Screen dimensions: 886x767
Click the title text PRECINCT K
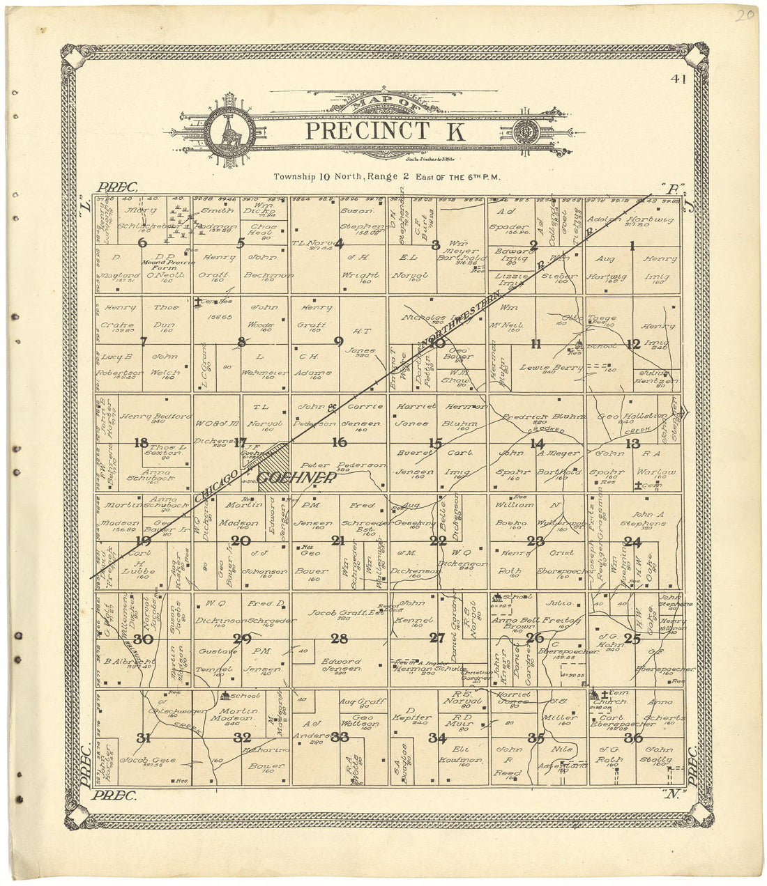(376, 130)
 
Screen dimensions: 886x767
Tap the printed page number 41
(677, 79)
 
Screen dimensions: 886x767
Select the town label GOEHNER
(296, 478)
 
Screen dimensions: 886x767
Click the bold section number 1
(632, 245)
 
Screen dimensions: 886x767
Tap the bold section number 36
(632, 738)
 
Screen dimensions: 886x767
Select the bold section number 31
(144, 738)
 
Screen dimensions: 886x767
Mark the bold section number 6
(143, 242)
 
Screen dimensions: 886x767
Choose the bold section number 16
(340, 442)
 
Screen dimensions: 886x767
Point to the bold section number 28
(340, 639)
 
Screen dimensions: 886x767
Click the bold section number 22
(438, 541)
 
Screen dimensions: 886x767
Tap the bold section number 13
(632, 444)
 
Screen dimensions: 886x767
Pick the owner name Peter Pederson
(342, 465)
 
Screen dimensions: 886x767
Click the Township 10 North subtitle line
(386, 177)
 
